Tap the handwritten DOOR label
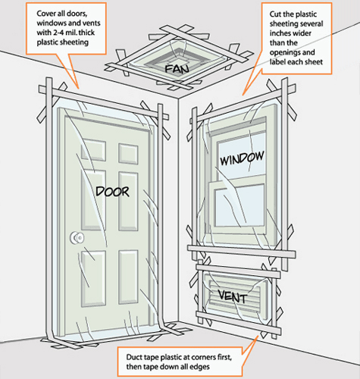pos(111,191)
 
